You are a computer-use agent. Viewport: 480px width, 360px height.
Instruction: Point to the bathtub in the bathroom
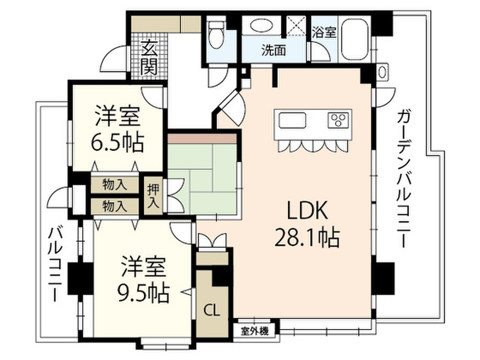pyautogui.click(x=355, y=40)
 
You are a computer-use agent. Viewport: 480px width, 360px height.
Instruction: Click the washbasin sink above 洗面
pyautogui.click(x=259, y=26)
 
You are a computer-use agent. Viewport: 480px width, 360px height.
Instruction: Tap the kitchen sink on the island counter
pyautogui.click(x=293, y=121)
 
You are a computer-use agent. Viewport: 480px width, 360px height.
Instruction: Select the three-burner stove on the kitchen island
pyautogui.click(x=338, y=120)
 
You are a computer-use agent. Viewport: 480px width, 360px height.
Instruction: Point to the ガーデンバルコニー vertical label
pyautogui.click(x=402, y=178)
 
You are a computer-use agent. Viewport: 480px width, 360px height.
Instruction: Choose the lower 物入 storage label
pyautogui.click(x=115, y=206)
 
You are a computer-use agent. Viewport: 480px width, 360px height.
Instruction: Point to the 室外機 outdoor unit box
pyautogui.click(x=256, y=331)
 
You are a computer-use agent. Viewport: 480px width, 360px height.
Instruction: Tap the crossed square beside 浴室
pyautogui.click(x=296, y=25)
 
